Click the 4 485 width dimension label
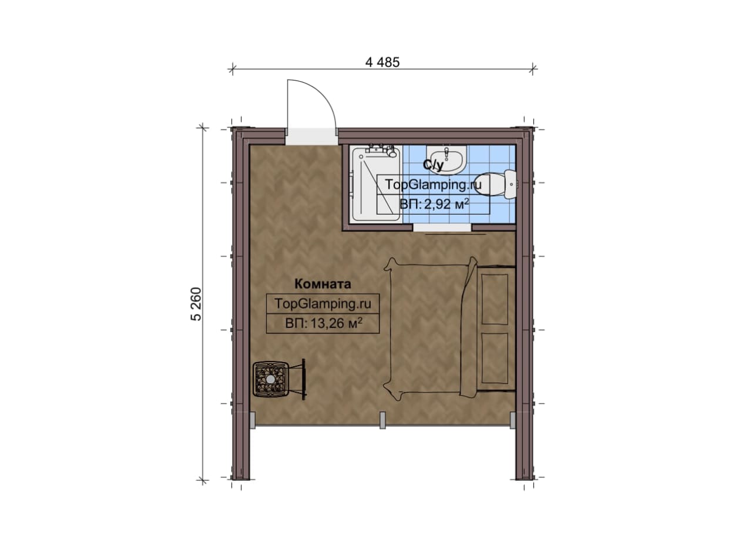pyautogui.click(x=382, y=62)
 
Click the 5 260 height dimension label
pyautogui.click(x=196, y=304)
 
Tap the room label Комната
pyautogui.click(x=323, y=285)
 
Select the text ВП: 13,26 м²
pyautogui.click(x=324, y=323)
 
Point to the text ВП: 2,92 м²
pyautogui.click(x=434, y=204)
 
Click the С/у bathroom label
pyautogui.click(x=434, y=165)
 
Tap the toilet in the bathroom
pyautogui.click(x=497, y=185)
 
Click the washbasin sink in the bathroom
pyautogui.click(x=446, y=160)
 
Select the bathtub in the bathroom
pyautogui.click(x=376, y=183)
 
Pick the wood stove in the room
pyautogui.click(x=271, y=379)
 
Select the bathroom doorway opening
pyautogui.click(x=442, y=228)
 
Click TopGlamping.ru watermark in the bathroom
pyautogui.click(x=433, y=185)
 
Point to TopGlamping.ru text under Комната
pyautogui.click(x=323, y=304)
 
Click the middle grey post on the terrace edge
pyautogui.click(x=382, y=420)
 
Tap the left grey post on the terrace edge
pyautogui.click(x=253, y=420)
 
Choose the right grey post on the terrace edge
pyautogui.click(x=512, y=420)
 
